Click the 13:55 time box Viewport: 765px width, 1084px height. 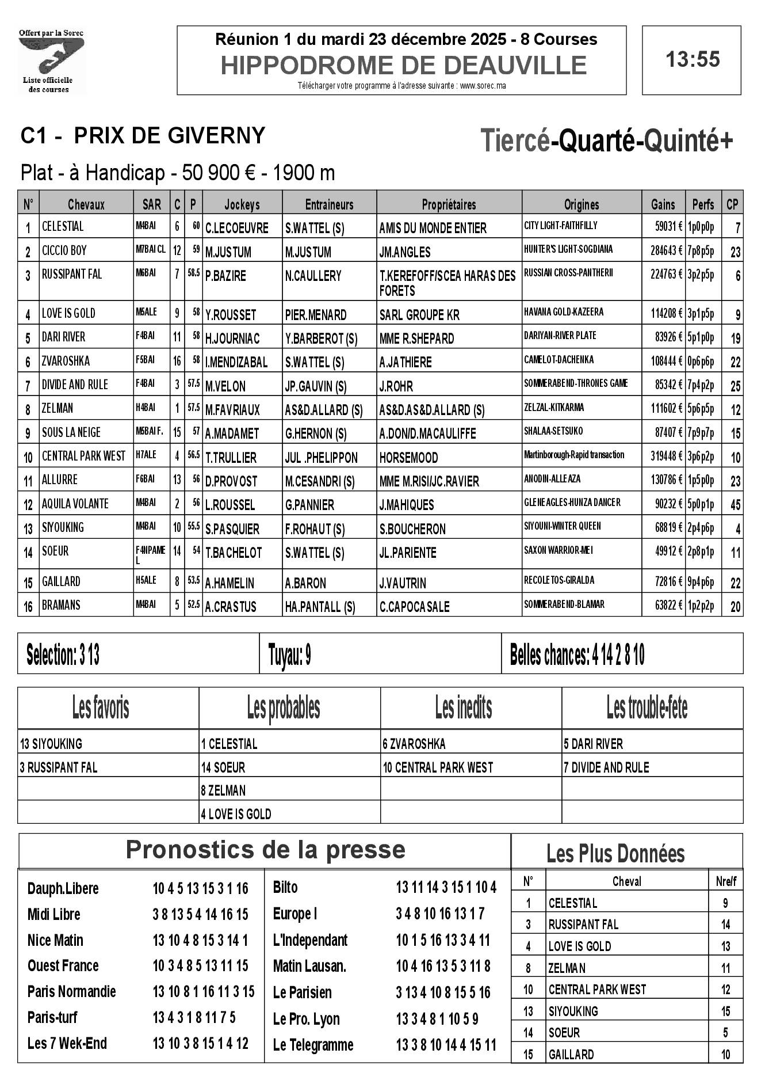[691, 60]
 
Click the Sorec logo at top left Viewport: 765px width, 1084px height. [52, 61]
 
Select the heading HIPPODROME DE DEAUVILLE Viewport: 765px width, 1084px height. [403, 66]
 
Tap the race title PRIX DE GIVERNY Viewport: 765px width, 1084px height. [170, 135]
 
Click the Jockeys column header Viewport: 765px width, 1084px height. [242, 204]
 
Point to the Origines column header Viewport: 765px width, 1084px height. [581, 204]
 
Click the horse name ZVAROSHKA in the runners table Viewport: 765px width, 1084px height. [66, 361]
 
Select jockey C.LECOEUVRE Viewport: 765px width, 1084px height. [237, 228]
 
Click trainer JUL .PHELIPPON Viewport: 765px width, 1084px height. [321, 458]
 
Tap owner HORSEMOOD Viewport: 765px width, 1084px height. [408, 458]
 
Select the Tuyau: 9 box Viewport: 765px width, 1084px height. [290, 655]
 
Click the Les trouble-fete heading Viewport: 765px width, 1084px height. [647, 708]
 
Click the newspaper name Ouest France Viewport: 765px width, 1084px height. [63, 965]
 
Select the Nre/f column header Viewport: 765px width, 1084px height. [726, 881]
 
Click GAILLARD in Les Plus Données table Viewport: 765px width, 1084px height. [571, 1054]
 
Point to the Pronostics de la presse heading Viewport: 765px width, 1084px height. [265, 850]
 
